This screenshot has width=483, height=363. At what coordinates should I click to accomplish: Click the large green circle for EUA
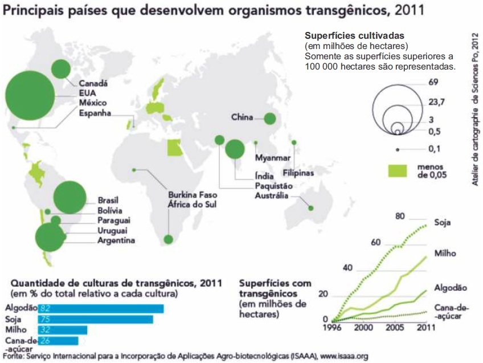(30, 96)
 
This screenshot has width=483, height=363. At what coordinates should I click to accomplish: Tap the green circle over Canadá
(61, 69)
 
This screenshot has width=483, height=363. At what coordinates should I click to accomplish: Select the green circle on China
(270, 119)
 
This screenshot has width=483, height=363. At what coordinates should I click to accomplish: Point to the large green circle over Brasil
(70, 198)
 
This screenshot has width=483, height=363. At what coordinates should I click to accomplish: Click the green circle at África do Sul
(168, 239)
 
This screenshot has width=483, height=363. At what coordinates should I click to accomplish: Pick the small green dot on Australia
(311, 209)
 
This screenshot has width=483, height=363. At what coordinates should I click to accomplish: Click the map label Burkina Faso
(193, 195)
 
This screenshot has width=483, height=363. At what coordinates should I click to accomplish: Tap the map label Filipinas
(298, 173)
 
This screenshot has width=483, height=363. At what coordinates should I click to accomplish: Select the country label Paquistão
(273, 186)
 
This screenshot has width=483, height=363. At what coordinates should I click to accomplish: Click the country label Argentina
(116, 240)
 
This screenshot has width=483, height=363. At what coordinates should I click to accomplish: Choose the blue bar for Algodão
(101, 308)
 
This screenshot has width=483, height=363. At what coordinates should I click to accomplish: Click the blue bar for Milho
(63, 330)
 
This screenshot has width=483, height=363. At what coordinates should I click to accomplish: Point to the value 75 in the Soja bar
(45, 319)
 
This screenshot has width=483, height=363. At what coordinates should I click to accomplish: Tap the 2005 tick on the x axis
(395, 327)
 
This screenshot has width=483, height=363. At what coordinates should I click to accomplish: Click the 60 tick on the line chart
(375, 243)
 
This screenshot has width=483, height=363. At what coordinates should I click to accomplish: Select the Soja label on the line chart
(443, 222)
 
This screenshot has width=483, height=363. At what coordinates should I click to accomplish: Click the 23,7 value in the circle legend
(436, 101)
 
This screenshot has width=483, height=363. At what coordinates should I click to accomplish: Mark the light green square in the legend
(398, 171)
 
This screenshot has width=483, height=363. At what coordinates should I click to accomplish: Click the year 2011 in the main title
(409, 10)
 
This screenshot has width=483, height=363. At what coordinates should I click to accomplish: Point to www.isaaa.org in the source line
(344, 356)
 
